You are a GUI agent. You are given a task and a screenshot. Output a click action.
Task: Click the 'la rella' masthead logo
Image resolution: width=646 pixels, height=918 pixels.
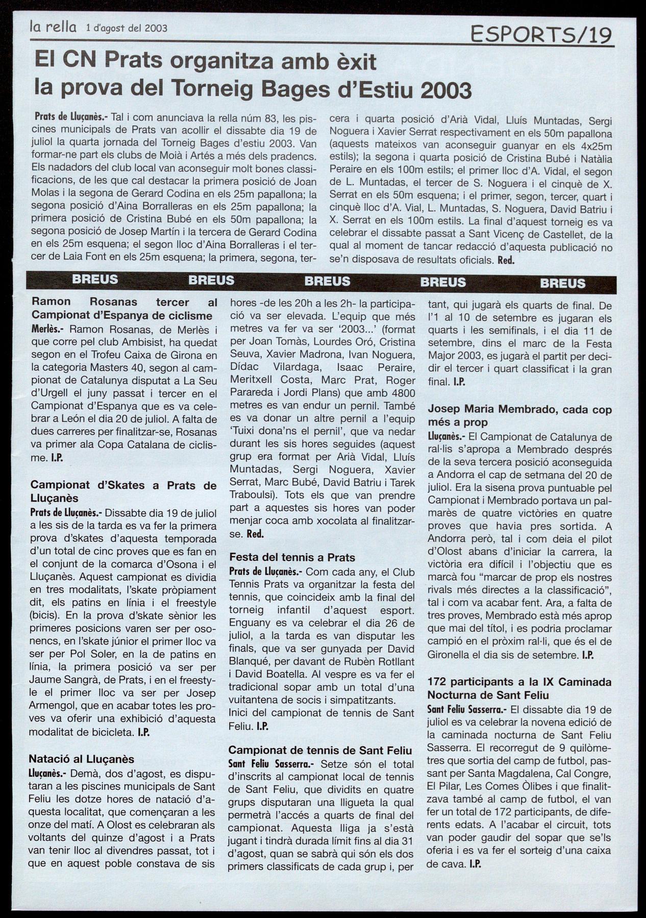53,27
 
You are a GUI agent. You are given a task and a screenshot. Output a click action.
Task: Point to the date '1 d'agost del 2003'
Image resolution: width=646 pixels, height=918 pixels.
127,28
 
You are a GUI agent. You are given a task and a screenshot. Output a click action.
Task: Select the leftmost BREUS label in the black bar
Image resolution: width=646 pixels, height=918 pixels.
95,280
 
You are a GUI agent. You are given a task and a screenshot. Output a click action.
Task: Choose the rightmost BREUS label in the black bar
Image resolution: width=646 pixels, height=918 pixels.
563,283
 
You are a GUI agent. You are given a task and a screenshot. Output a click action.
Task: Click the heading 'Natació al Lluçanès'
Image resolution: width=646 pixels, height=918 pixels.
81,759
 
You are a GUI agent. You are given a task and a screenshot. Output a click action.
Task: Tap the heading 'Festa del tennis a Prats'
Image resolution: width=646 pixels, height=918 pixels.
292,557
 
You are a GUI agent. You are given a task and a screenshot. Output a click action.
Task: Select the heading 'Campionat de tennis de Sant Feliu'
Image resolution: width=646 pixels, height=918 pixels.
320,750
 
